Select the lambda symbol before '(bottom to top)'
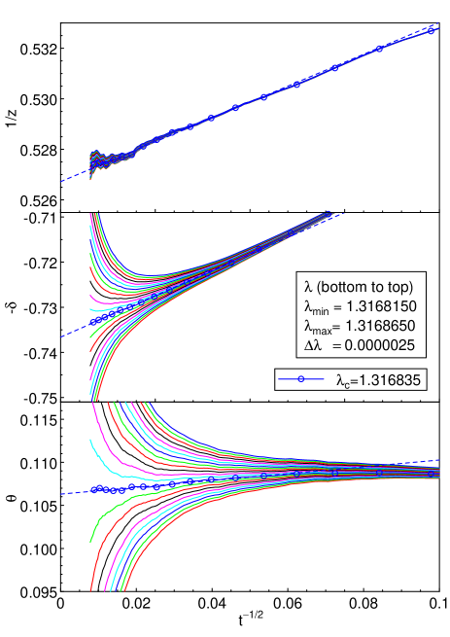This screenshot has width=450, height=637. [308, 288]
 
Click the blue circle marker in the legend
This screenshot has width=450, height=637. [301, 379]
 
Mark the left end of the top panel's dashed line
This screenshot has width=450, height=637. [61, 181]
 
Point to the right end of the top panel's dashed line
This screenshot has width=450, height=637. [438, 28]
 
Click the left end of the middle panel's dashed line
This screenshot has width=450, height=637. [61, 336]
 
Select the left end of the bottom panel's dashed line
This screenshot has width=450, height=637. [62, 494]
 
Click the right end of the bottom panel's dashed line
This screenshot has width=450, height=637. [438, 460]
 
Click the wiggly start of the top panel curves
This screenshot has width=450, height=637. [96, 161]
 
